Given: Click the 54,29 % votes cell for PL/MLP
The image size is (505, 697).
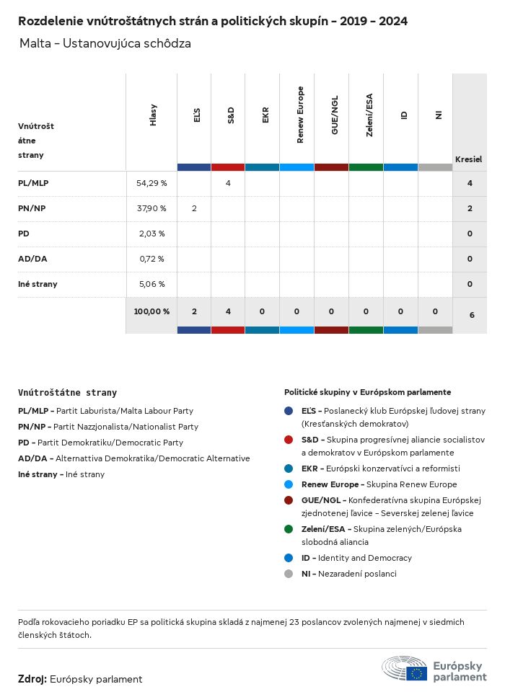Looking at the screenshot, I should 151,183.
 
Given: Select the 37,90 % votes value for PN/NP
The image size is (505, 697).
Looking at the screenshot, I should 151,208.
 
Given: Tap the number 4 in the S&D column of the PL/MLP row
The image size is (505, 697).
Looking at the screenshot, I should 228,183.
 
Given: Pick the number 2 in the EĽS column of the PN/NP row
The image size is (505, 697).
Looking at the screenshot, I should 194,208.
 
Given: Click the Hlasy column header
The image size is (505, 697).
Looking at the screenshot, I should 153,115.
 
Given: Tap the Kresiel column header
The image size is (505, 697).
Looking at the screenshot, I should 468,159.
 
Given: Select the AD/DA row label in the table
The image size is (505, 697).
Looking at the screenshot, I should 32,259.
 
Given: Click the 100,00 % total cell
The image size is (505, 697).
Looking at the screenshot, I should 151,311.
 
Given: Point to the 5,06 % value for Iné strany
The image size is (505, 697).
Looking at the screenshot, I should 151,284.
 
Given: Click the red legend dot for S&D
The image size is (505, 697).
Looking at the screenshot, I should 289,439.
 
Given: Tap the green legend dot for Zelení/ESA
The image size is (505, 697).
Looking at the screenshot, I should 289,529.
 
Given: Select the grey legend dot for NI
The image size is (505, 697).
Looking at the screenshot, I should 289,574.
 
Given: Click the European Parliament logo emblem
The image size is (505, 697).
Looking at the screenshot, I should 405,669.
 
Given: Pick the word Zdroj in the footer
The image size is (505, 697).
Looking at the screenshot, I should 32,679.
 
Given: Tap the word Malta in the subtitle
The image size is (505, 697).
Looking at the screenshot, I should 35,43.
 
